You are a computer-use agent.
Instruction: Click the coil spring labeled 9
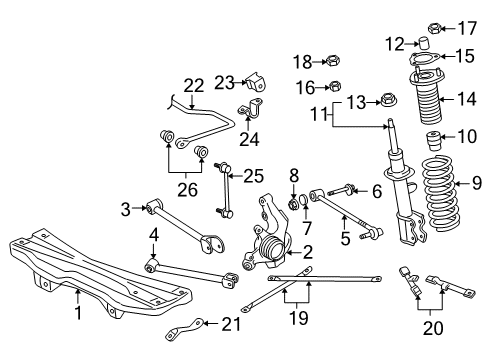[433, 210]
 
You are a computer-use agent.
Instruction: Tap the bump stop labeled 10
[435, 137]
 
